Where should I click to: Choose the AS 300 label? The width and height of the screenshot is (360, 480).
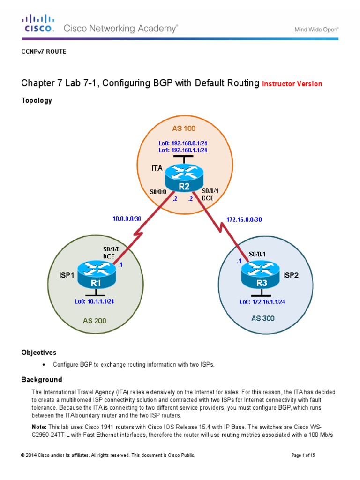click(263, 318)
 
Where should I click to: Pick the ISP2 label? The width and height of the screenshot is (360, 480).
click(291, 275)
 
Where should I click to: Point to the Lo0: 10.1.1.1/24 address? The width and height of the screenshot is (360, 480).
click(94, 301)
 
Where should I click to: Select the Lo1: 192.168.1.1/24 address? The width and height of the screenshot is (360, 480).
click(182, 150)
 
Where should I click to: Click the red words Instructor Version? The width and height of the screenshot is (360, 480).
click(292, 84)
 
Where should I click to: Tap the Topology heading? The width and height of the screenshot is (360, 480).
click(37, 100)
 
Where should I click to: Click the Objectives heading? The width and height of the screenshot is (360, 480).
click(39, 352)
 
